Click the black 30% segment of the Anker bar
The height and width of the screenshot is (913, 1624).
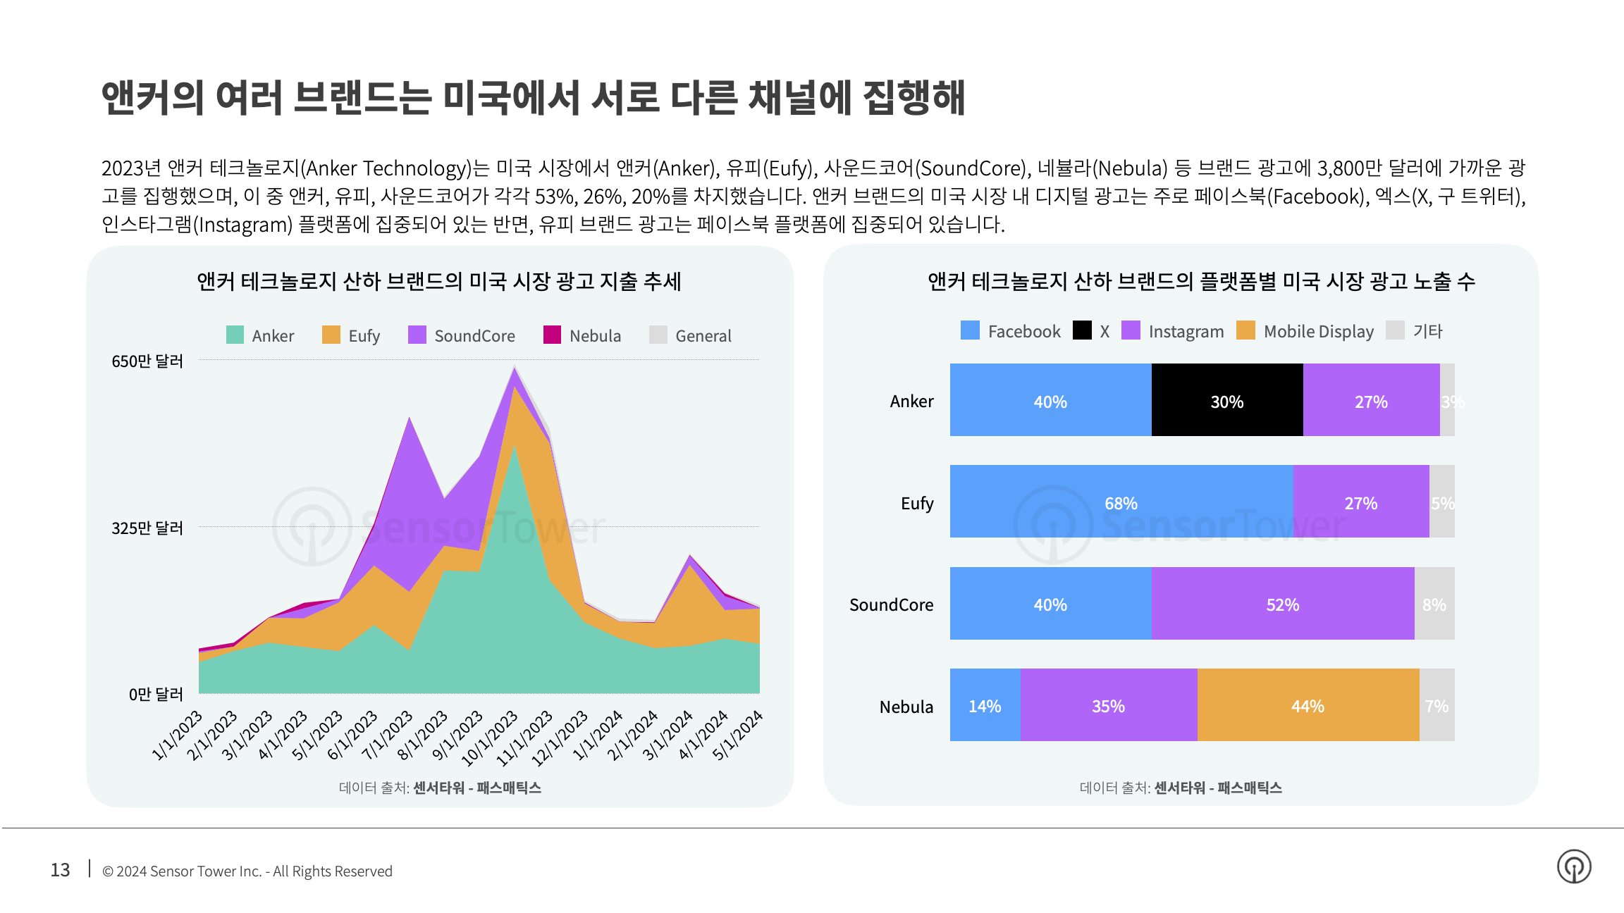(1227, 400)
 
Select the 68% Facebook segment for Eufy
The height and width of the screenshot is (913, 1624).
(1121, 502)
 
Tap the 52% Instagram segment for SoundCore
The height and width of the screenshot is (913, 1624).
(1282, 604)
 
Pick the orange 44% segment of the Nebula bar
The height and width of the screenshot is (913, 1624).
(1308, 705)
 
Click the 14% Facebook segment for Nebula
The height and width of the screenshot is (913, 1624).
(985, 705)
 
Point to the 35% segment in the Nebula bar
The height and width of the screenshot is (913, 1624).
(1108, 705)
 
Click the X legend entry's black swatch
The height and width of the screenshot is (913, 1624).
(1082, 330)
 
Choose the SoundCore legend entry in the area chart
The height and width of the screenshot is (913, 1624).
(462, 335)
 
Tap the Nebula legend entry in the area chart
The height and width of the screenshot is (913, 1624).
(582, 335)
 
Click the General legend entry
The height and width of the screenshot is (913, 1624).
(690, 335)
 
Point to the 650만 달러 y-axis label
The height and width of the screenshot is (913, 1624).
(147, 361)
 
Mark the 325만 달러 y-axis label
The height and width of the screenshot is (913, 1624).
(147, 528)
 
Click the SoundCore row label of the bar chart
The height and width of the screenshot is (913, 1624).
(891, 604)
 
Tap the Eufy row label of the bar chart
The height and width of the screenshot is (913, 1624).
(917, 503)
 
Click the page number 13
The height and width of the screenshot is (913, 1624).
(60, 870)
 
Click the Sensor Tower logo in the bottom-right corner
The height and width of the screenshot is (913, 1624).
(1574, 867)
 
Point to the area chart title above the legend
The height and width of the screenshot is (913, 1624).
(439, 281)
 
